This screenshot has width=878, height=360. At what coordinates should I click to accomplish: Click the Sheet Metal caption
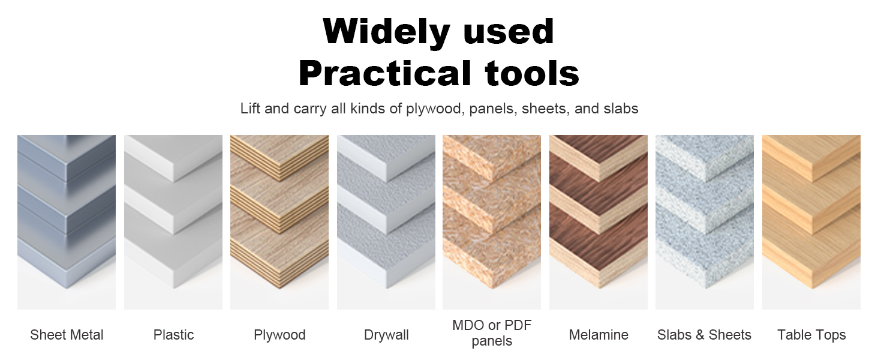click(x=67, y=335)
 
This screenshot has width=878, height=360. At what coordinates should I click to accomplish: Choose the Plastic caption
click(x=173, y=335)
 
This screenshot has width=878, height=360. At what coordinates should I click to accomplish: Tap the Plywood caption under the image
click(x=279, y=335)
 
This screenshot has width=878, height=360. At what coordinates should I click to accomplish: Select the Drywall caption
click(x=386, y=335)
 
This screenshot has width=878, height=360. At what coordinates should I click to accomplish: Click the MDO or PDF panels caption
click(x=492, y=334)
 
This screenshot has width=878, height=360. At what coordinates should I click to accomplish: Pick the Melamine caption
click(x=599, y=335)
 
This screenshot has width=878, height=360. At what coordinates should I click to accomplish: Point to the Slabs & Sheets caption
click(x=704, y=335)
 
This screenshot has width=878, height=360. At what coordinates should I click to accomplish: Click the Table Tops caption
click(x=811, y=335)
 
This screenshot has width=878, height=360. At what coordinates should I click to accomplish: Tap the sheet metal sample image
click(x=67, y=222)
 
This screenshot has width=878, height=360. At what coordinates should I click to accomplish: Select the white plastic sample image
click(x=173, y=222)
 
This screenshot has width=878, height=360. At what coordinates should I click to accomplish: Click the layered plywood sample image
click(x=279, y=222)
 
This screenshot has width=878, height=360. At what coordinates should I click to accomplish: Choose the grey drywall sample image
click(x=386, y=222)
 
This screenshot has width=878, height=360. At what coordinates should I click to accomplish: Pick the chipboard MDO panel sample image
click(x=492, y=222)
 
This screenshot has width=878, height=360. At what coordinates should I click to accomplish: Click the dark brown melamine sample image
click(x=599, y=222)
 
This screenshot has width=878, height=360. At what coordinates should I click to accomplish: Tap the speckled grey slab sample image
click(x=704, y=222)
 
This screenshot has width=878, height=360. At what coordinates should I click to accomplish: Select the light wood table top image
click(x=811, y=222)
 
